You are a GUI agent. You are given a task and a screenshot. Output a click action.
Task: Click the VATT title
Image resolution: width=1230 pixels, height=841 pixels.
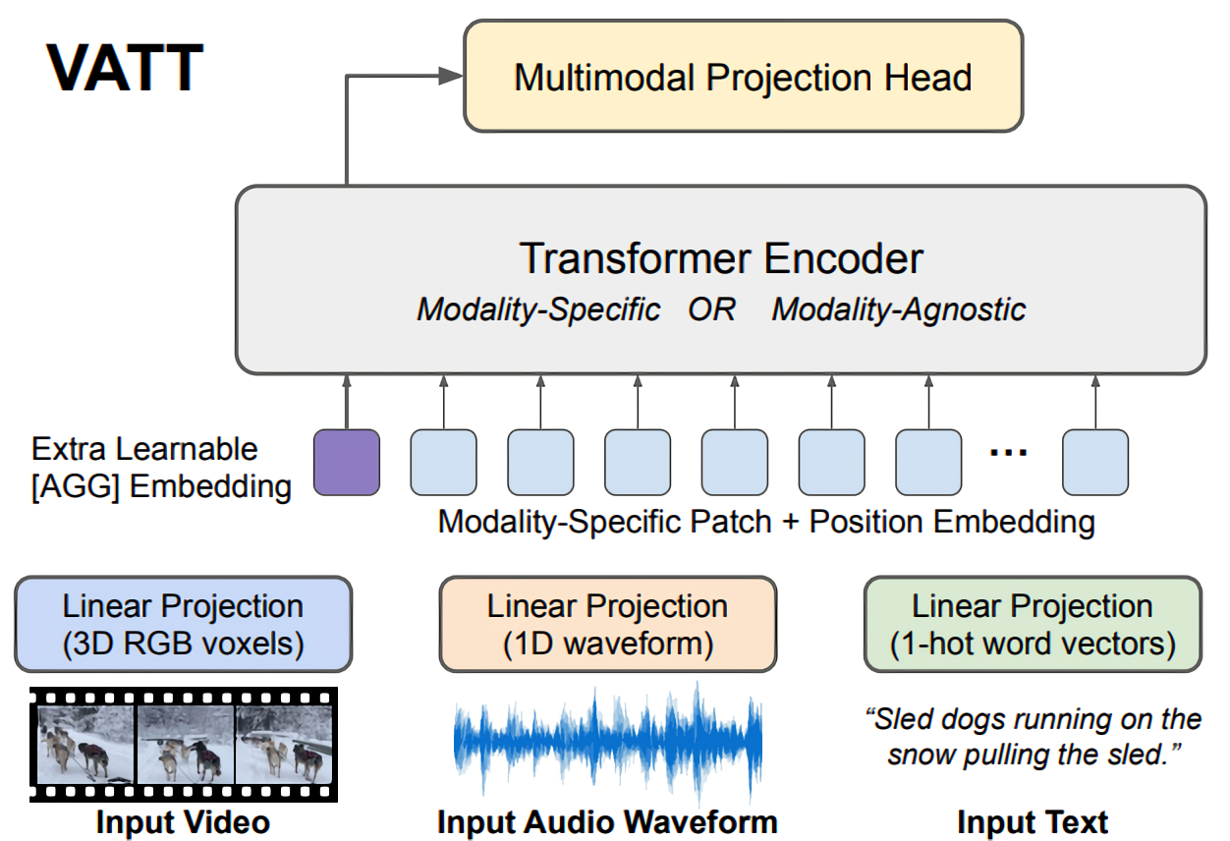pos(125,69)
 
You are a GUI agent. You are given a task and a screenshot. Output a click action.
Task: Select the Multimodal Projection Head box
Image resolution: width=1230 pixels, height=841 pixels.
pos(743,78)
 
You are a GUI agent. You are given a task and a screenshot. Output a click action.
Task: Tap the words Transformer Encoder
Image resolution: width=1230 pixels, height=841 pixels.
pos(721,258)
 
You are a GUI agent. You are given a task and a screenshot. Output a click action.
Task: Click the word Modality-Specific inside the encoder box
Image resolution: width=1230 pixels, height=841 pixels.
pos(538,309)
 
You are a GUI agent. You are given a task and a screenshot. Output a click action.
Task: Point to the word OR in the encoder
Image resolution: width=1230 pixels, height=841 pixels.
pos(711,309)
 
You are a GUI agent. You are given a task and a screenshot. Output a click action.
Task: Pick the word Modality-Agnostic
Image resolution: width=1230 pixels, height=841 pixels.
pos(898,309)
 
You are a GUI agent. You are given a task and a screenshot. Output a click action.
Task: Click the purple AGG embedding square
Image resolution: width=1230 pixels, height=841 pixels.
pos(346,462)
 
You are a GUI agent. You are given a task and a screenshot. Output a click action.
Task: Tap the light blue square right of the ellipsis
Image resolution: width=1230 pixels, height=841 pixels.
pos(1095,462)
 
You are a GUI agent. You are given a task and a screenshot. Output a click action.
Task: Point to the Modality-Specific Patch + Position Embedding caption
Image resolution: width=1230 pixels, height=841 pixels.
pos(766,521)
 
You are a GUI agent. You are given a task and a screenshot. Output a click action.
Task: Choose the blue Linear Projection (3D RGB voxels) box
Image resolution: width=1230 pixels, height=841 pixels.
pos(183,625)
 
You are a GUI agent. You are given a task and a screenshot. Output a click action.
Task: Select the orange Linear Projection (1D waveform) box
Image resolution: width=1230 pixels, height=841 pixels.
pos(607,625)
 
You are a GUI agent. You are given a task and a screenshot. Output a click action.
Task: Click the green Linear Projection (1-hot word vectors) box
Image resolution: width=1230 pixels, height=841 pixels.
pos(1032,625)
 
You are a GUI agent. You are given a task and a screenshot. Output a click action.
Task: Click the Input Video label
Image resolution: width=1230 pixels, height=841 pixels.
pos(183,821)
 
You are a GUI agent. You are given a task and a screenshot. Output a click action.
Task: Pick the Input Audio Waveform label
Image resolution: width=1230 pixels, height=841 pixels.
pos(607,821)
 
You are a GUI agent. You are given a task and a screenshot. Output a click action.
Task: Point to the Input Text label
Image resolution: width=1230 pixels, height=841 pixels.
pos(1032,821)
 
